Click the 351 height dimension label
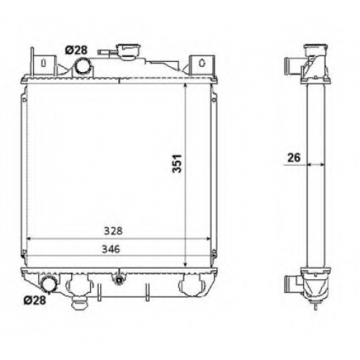(x=177, y=163)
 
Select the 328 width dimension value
(x=113, y=231)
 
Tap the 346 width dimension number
(x=111, y=249)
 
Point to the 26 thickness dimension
(x=294, y=158)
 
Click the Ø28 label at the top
(x=76, y=50)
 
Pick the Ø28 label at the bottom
(x=35, y=300)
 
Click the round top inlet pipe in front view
(x=83, y=66)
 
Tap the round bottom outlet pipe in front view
(x=50, y=284)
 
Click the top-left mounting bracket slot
(x=43, y=63)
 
